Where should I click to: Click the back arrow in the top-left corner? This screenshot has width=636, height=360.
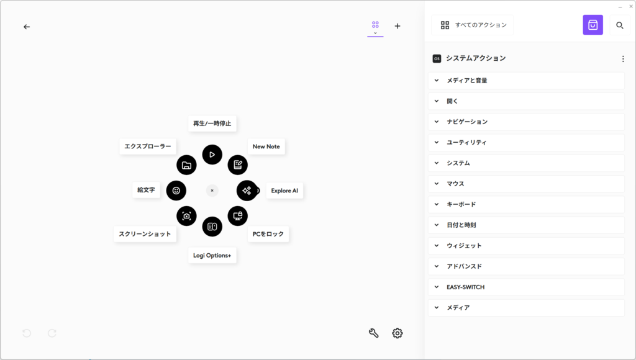click(27, 27)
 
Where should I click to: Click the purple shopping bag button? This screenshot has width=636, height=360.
click(593, 25)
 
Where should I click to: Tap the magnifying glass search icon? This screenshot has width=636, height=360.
click(619, 25)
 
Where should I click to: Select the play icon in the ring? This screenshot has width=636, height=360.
click(212, 155)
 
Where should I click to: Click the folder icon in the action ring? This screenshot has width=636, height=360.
click(186, 165)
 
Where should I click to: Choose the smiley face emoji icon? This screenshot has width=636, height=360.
click(176, 191)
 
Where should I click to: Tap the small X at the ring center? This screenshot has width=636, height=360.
click(212, 191)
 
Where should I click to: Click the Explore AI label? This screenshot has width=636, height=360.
click(284, 191)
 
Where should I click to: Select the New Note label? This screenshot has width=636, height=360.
click(266, 146)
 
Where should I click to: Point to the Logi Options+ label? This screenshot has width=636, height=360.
click(212, 255)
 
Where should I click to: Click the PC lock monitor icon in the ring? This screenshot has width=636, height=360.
click(238, 216)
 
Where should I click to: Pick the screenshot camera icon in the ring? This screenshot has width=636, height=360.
click(186, 216)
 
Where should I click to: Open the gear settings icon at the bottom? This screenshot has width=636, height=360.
click(397, 333)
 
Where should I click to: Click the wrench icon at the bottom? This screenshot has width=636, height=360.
click(373, 333)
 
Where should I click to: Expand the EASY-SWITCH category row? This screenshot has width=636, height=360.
click(526, 287)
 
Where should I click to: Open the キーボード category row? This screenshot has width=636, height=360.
click(526, 204)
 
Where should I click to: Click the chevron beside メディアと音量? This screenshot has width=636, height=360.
click(437, 80)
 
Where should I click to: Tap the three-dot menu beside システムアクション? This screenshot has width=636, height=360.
click(623, 59)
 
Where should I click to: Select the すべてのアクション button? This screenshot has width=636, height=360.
click(473, 25)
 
